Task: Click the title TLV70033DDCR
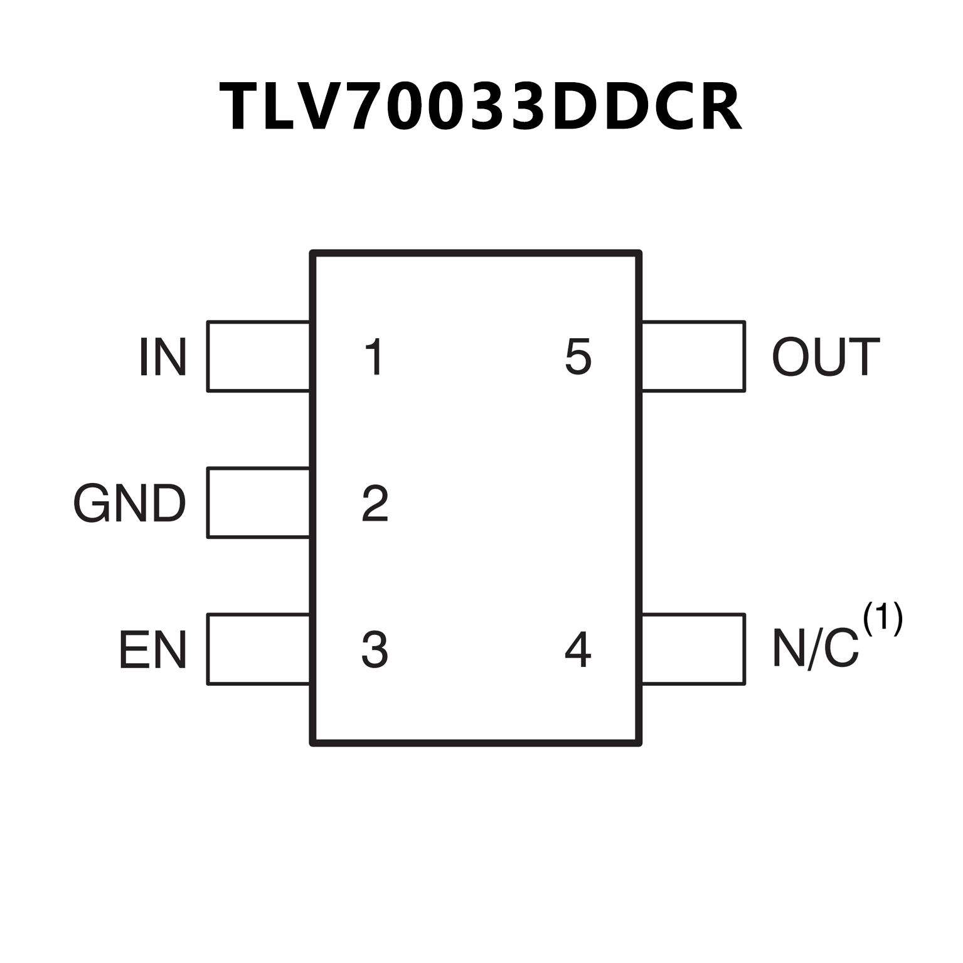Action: pyautogui.click(x=481, y=107)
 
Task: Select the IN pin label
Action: pyautogui.click(x=162, y=357)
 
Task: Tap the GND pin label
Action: pyautogui.click(x=130, y=503)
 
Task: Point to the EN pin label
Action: pyautogui.click(x=152, y=650)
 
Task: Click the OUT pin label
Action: pyautogui.click(x=826, y=357)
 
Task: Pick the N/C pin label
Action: pyautogui.click(x=815, y=649)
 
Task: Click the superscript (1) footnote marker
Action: pyautogui.click(x=883, y=619)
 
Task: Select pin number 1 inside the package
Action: pyautogui.click(x=375, y=357)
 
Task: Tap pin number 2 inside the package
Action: pyautogui.click(x=375, y=503)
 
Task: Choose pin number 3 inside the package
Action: pyautogui.click(x=375, y=650)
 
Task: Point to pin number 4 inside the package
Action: pyautogui.click(x=578, y=650)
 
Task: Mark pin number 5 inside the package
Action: pyautogui.click(x=578, y=357)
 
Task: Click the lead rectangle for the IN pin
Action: pyautogui.click(x=258, y=356)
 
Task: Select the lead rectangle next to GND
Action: pyautogui.click(x=258, y=503)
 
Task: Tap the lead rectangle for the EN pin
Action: pyautogui.click(x=258, y=649)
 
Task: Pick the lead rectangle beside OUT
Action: pyautogui.click(x=693, y=356)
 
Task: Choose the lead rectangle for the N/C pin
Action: pyautogui.click(x=693, y=649)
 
